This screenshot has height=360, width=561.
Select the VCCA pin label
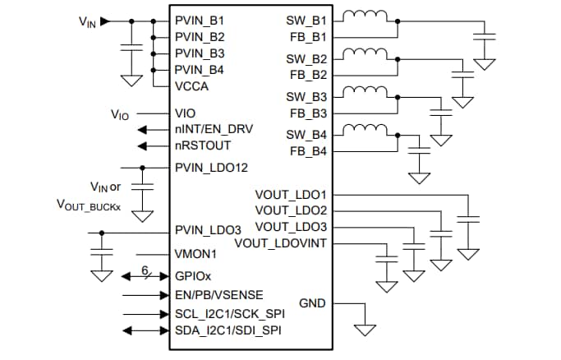(x=192, y=86)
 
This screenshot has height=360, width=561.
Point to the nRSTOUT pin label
(x=202, y=146)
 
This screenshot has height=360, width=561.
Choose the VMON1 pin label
(x=195, y=255)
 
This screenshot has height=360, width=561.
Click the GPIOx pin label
(x=194, y=275)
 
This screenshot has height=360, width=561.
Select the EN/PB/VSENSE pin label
(x=219, y=294)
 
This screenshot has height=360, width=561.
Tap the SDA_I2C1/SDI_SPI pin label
(x=228, y=330)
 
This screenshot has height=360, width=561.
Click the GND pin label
(x=311, y=303)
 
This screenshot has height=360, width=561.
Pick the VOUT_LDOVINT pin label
(x=280, y=243)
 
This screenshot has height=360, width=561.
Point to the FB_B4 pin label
(x=308, y=151)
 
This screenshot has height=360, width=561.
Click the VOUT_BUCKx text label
(x=88, y=204)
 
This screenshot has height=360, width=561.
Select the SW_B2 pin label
(x=306, y=59)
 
